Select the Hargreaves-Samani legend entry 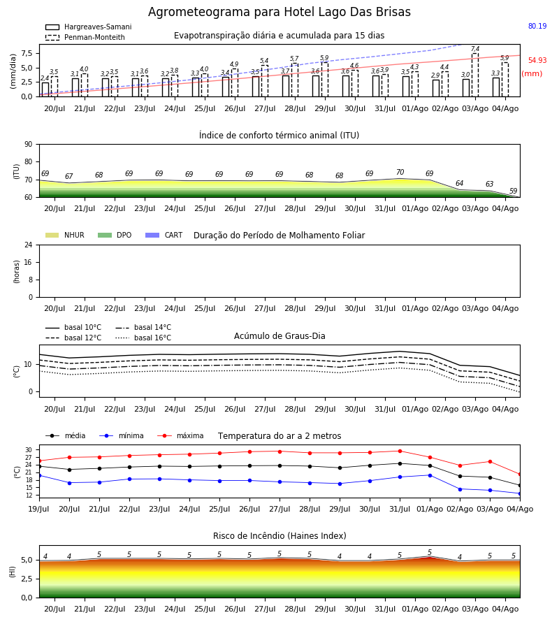coord(88,27)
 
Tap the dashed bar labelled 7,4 coord(475,75)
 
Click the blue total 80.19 coord(537,26)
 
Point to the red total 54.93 coord(537,60)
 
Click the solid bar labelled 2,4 coord(45,89)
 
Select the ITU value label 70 coord(400,172)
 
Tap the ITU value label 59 coord(514,191)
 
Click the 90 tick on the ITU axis coord(29,145)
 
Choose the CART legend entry coord(164,235)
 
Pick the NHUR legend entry coord(65,235)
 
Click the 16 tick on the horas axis coord(29,262)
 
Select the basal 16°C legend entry coord(143,338)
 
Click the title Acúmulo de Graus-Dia coord(279,335)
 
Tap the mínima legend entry coord(122,435)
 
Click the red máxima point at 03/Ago coord(490,462)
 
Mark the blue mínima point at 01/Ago coord(430,475)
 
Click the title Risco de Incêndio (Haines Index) coord(279,536)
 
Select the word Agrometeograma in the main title coord(199,12)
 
